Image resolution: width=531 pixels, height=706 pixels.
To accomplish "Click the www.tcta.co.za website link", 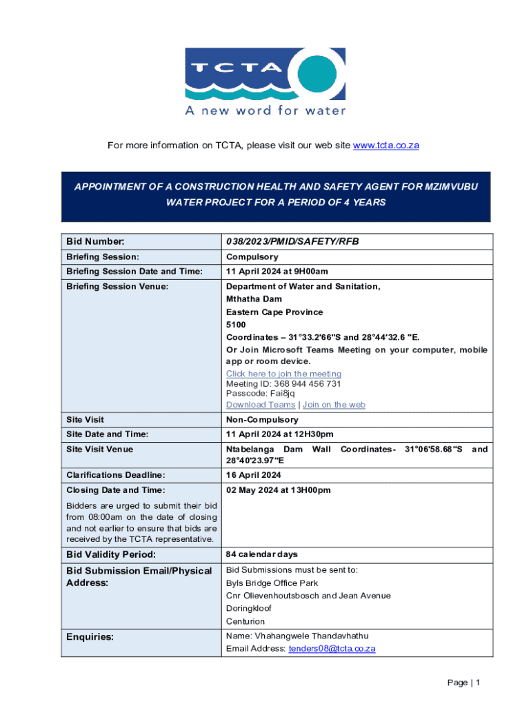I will pos(386,145).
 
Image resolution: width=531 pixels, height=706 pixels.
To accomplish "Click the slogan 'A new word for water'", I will pos(265,110).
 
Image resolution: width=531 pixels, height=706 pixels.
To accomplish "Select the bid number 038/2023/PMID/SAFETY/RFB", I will pos(292,241).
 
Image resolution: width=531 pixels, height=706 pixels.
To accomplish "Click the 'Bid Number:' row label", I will pos(95,241).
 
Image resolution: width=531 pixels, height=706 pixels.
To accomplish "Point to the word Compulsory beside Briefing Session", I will pos(252,257).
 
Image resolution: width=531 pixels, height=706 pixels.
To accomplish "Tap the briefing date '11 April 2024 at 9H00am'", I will pos(277,272).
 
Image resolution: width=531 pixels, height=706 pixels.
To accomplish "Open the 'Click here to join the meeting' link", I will pos(283,374).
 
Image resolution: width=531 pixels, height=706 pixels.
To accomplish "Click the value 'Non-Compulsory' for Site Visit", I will pos(262,419).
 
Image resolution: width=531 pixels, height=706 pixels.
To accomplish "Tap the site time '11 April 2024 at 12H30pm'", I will pos(279,434).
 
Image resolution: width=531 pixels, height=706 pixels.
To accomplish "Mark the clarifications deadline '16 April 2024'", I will pos(253,475).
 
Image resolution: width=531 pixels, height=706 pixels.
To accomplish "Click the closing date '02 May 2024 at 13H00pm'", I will pos(278,490).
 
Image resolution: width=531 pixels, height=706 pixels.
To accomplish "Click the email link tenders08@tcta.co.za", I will pos(332,649).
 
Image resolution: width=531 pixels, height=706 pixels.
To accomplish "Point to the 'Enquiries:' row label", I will pos(90,637).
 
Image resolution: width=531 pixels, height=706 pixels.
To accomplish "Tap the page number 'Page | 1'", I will pos(463,683).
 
